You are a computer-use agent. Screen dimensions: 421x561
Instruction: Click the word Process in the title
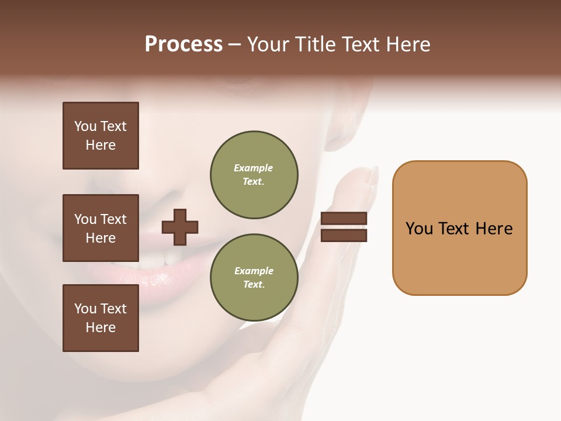pos(183,44)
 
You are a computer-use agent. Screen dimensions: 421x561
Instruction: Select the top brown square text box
pos(101,136)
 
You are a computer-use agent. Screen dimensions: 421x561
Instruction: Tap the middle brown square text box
pos(101,228)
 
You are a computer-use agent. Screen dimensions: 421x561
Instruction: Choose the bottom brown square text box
pos(101,318)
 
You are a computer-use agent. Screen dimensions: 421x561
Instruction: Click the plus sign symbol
pos(180,227)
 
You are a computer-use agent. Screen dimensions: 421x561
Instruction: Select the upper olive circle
pos(254,175)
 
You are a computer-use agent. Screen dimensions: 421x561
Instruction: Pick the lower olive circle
pos(254,278)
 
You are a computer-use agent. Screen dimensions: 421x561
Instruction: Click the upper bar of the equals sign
pos(344,219)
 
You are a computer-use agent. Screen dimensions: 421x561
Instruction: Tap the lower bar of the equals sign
pos(344,236)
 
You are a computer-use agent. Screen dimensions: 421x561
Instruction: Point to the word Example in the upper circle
pos(253,168)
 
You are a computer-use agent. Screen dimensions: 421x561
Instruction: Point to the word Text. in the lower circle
pos(254,285)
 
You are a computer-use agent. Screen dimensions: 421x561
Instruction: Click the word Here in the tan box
pos(494,229)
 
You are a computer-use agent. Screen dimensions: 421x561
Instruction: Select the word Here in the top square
pos(101,145)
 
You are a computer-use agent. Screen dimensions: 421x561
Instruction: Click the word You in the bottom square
pos(85,309)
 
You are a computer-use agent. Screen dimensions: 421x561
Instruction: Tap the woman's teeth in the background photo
pos(167,258)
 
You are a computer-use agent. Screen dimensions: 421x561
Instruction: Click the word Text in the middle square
pos(113,219)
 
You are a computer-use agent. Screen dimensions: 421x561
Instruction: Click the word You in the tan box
pos(420,229)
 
